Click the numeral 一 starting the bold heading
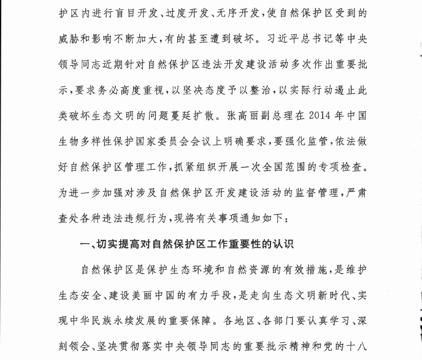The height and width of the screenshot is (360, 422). pos(85,244)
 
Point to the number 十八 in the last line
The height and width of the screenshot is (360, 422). pos(358,346)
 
